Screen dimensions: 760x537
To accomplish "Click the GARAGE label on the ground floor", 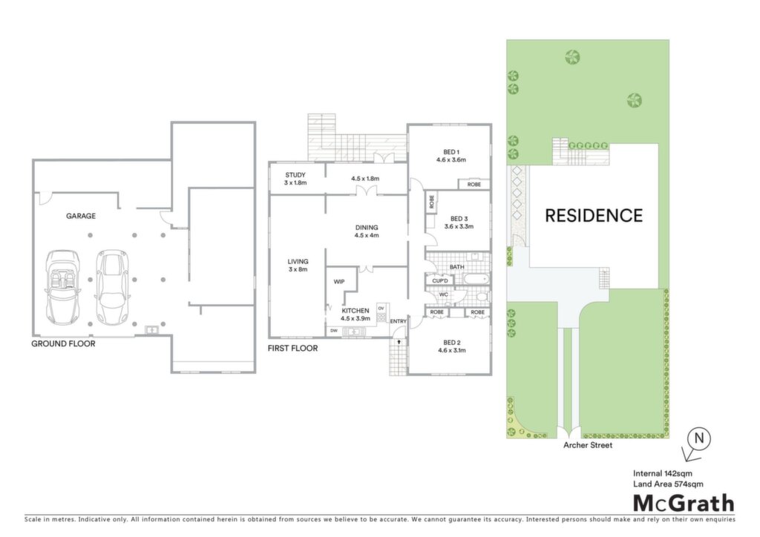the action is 81,216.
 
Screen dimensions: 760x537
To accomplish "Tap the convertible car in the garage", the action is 62,287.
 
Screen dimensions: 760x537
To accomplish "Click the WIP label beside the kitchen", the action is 339,282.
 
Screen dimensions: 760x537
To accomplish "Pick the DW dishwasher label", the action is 333,331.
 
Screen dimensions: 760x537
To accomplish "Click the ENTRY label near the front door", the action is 399,321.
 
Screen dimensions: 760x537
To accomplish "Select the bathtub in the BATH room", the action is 476,280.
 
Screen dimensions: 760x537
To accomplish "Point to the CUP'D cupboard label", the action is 439,280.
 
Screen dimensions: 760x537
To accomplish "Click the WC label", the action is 444,294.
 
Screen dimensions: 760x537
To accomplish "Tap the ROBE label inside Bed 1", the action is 474,185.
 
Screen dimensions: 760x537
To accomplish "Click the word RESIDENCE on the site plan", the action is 594,216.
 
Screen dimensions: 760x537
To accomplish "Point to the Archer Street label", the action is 588,445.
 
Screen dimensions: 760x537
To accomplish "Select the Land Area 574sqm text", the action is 668,484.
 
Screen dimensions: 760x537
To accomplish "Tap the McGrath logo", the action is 684,504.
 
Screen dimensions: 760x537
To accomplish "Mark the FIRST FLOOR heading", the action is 292,348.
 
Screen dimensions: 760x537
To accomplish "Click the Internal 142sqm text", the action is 663,473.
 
